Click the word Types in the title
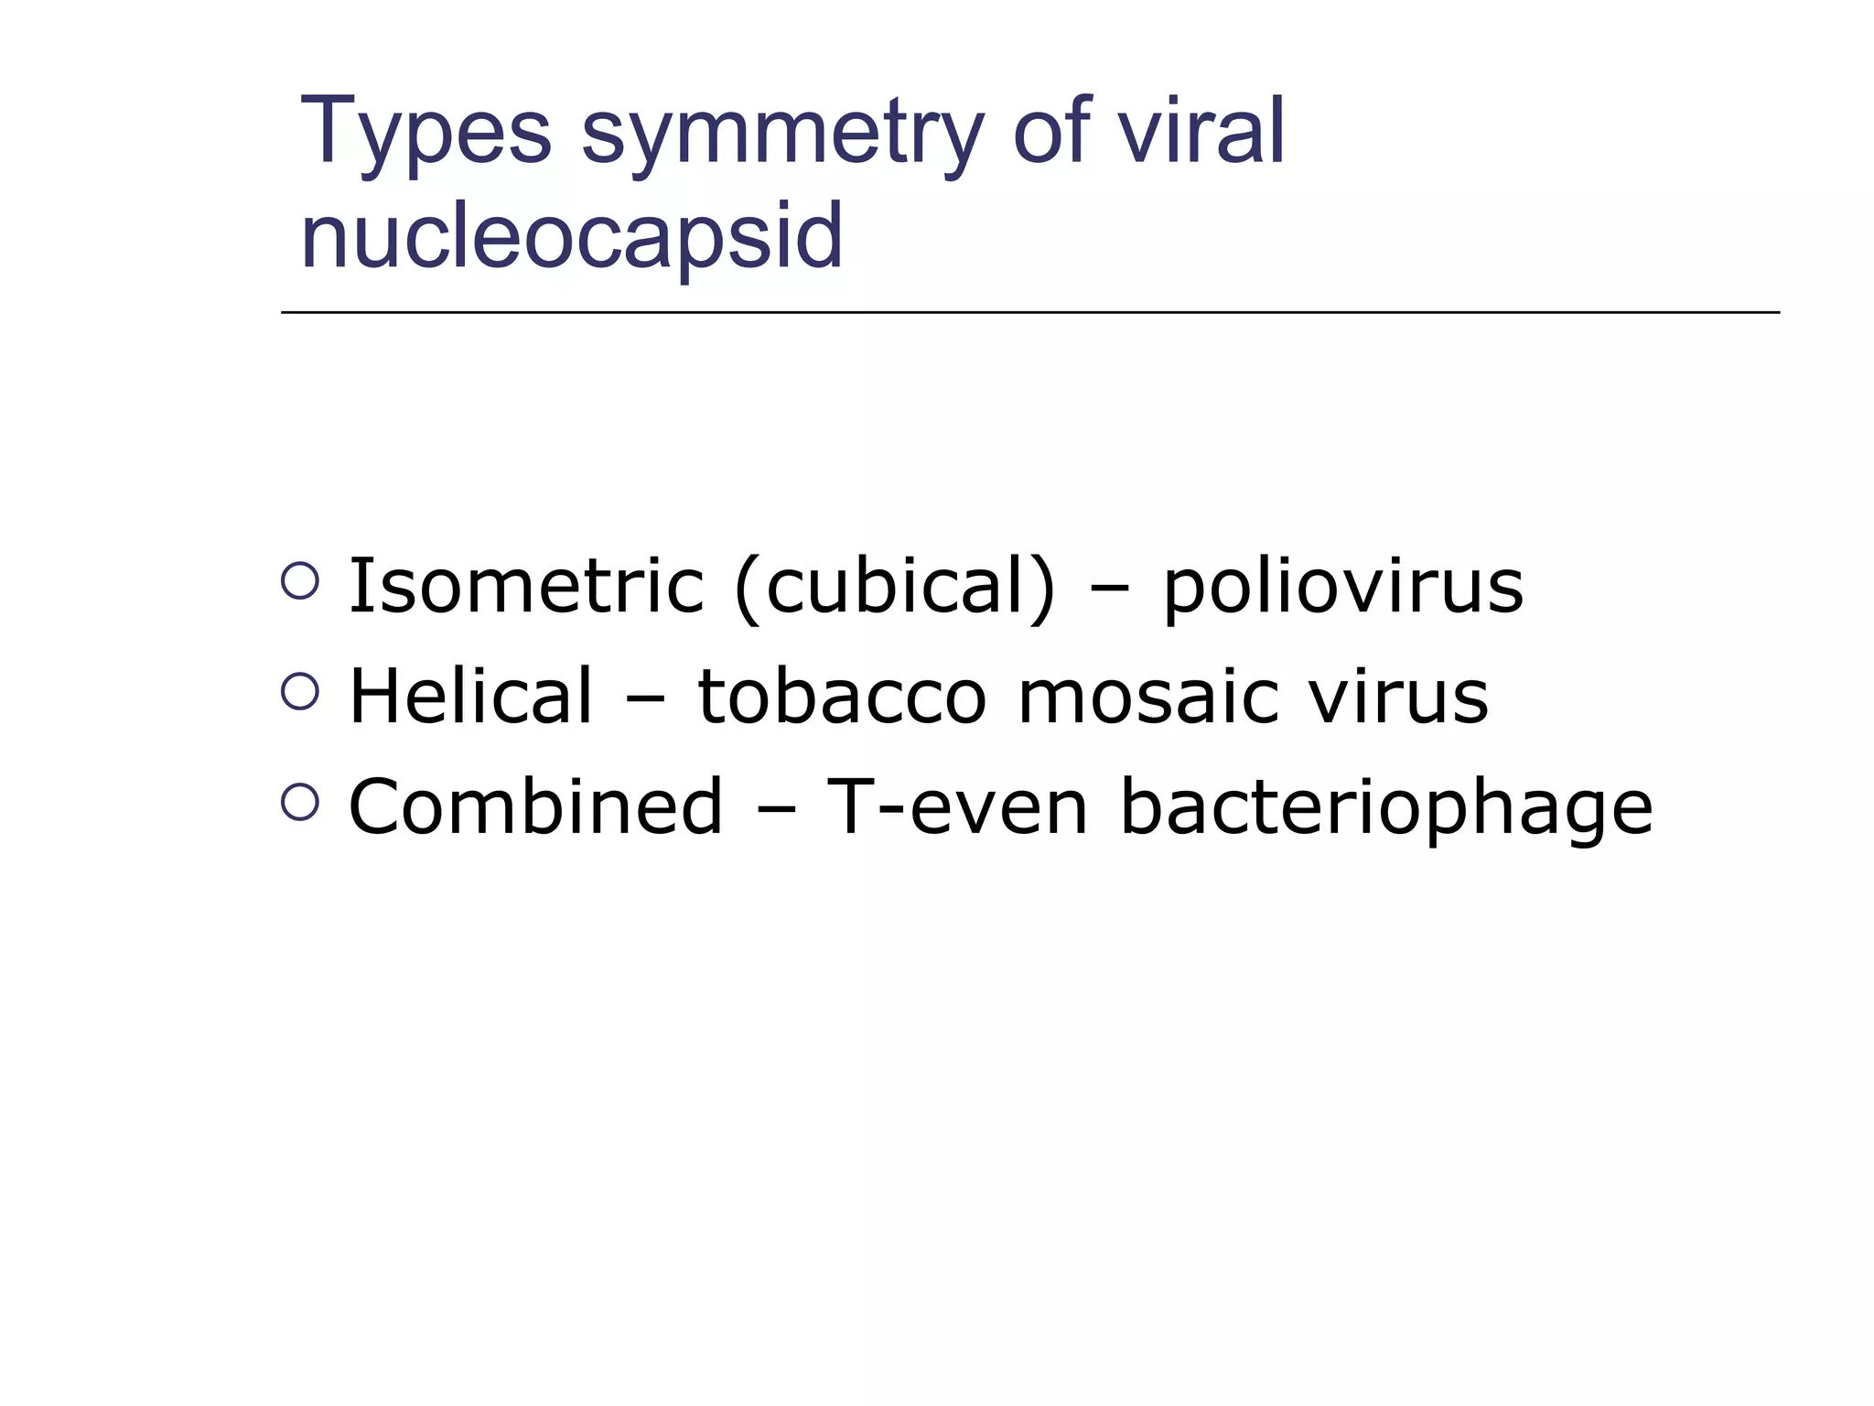coord(425,133)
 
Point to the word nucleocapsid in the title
coord(571,236)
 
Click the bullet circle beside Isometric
coord(300,580)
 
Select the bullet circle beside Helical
coord(300,691)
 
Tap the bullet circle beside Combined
coord(300,801)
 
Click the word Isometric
coord(526,586)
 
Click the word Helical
coord(471,697)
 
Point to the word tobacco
coord(842,697)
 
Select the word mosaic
coord(1147,697)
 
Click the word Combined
coord(536,806)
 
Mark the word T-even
coord(957,806)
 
